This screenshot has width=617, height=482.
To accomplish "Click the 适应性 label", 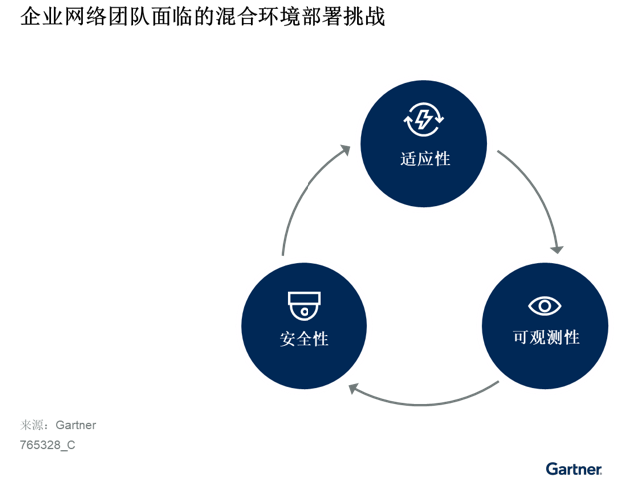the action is (x=425, y=159).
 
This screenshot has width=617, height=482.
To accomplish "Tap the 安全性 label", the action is (x=305, y=339).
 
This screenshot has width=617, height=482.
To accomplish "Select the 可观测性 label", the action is (x=546, y=337).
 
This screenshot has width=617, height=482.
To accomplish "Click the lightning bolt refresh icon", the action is (x=424, y=119).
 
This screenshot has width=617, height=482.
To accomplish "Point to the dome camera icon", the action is (x=305, y=306).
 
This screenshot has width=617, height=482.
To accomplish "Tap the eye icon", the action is (x=545, y=306).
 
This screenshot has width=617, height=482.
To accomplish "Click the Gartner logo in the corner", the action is (x=574, y=469).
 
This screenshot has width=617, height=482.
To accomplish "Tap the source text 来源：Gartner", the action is (x=58, y=425).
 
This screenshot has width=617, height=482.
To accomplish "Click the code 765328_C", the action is (x=47, y=445).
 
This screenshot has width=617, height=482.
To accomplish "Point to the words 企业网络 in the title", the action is (x=63, y=17).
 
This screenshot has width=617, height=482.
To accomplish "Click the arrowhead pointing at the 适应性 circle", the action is (x=346, y=150).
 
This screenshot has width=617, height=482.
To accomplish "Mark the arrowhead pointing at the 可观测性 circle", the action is (x=557, y=249).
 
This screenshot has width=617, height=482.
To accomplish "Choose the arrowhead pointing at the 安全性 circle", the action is (x=353, y=389).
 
